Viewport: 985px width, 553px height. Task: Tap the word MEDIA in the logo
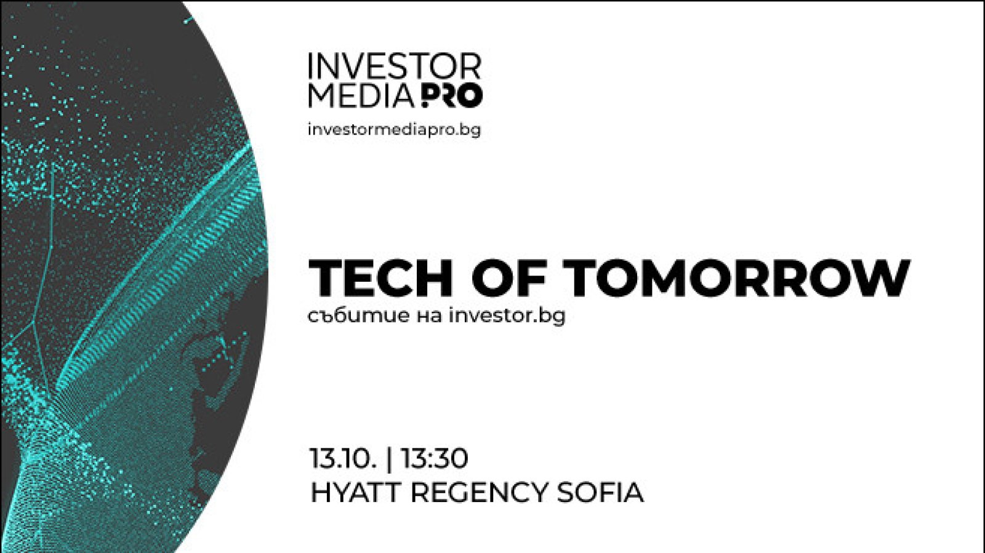coord(361,95)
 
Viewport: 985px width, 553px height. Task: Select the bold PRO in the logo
coord(449,95)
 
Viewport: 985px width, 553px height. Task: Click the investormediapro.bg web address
coord(395,130)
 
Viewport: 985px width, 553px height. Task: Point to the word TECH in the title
coord(381,279)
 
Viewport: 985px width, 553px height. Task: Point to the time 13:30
coord(434,458)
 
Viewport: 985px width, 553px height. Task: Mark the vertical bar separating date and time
coord(388,460)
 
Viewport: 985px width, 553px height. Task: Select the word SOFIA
coord(600,492)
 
